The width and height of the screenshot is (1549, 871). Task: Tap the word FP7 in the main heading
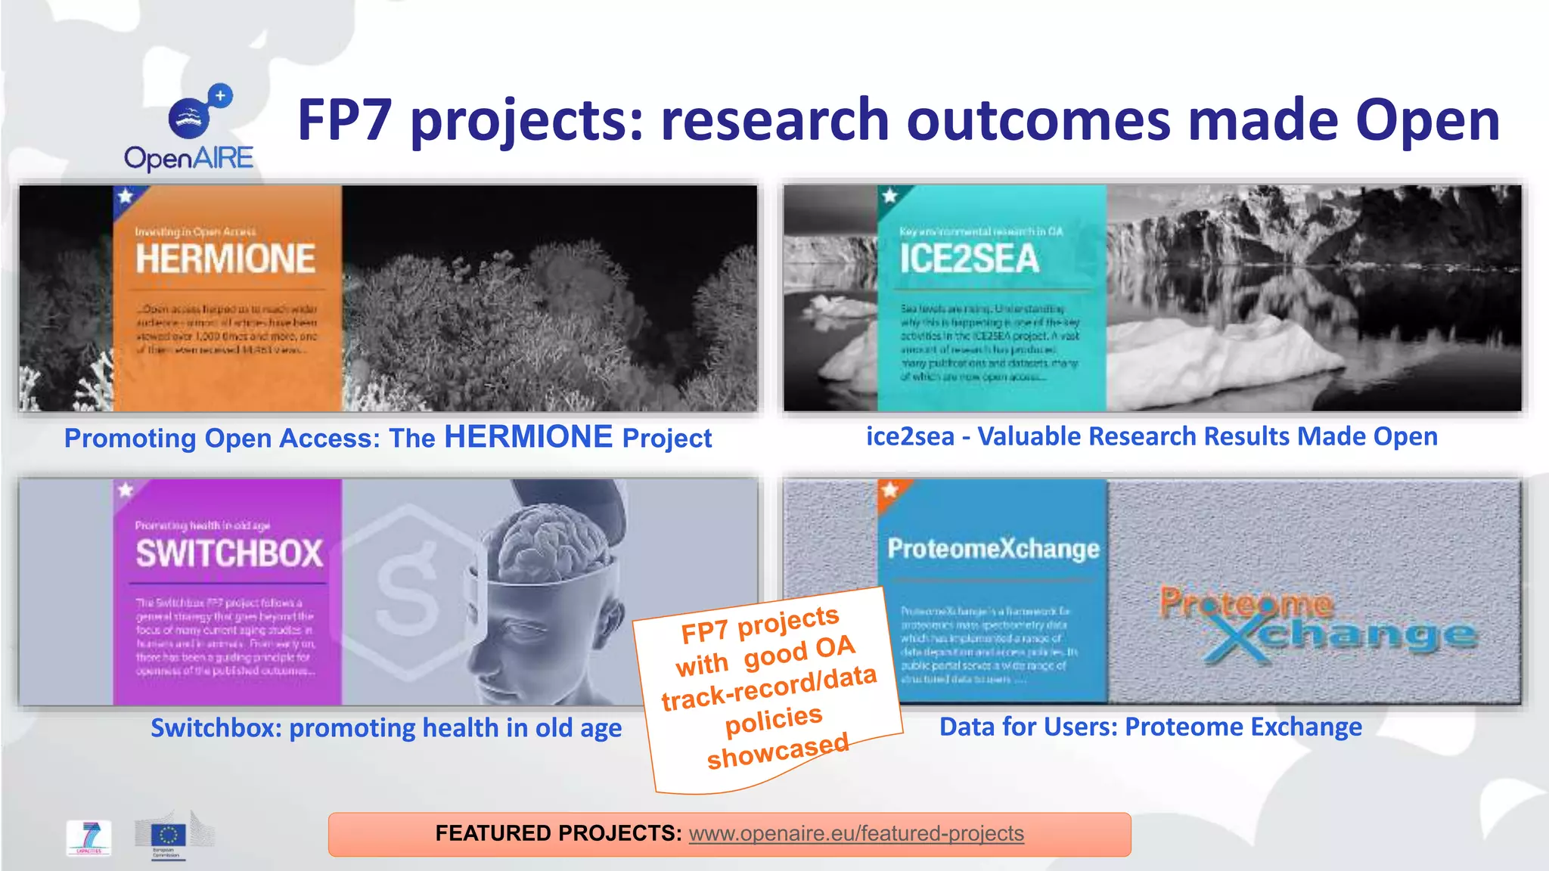pyautogui.click(x=345, y=121)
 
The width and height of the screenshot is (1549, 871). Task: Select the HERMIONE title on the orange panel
pyautogui.click(x=225, y=259)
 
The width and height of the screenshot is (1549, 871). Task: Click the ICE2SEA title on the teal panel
pyautogui.click(x=970, y=259)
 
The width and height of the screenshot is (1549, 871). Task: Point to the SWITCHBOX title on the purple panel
pyautogui.click(x=229, y=553)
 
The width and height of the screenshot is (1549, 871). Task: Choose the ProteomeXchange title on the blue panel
pyautogui.click(x=993, y=548)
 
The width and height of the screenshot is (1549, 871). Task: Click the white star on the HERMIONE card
pyautogui.click(x=125, y=197)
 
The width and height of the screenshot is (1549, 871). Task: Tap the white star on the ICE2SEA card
pyautogui.click(x=889, y=196)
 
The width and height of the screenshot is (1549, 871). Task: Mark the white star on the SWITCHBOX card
pyautogui.click(x=125, y=490)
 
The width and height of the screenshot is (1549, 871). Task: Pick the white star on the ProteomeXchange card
pyautogui.click(x=889, y=489)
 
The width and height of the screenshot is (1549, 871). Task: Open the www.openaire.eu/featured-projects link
pyautogui.click(x=856, y=833)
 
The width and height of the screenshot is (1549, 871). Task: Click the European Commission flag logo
pyautogui.click(x=168, y=835)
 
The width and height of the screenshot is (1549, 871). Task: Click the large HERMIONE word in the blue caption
pyautogui.click(x=528, y=437)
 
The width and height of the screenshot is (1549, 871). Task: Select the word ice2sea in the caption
pyautogui.click(x=910, y=436)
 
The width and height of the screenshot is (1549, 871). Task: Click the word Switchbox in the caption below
pyautogui.click(x=216, y=727)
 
